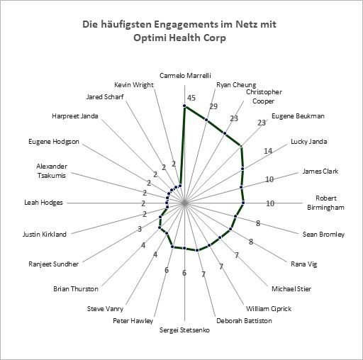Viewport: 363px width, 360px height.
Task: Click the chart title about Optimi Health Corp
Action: tap(179, 31)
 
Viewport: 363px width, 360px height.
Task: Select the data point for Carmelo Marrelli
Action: tap(184, 106)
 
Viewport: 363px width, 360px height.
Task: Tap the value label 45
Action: tap(191, 98)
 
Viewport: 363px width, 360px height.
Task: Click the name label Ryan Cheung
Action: tap(236, 85)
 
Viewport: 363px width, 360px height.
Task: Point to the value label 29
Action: tap(213, 106)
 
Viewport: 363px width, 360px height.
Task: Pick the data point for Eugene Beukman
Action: tap(241, 146)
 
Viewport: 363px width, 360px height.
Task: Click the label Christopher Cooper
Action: tap(264, 96)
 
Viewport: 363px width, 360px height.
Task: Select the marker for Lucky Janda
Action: tap(242, 169)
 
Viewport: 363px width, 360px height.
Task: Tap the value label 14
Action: tap(268, 151)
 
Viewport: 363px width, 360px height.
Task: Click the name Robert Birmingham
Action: tap(325, 203)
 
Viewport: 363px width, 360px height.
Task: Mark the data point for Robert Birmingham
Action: tap(243, 203)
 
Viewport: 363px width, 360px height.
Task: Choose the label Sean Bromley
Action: tap(323, 235)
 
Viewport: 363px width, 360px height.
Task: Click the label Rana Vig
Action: tap(304, 264)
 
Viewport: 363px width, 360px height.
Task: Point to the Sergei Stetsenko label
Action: tap(184, 330)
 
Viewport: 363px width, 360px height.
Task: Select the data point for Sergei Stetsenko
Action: tap(184, 248)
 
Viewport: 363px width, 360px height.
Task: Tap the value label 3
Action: tap(140, 229)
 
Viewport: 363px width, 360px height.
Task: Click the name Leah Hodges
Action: tap(44, 203)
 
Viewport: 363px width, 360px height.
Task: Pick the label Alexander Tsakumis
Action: tap(52, 171)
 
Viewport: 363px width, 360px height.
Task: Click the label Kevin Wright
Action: tap(134, 84)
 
